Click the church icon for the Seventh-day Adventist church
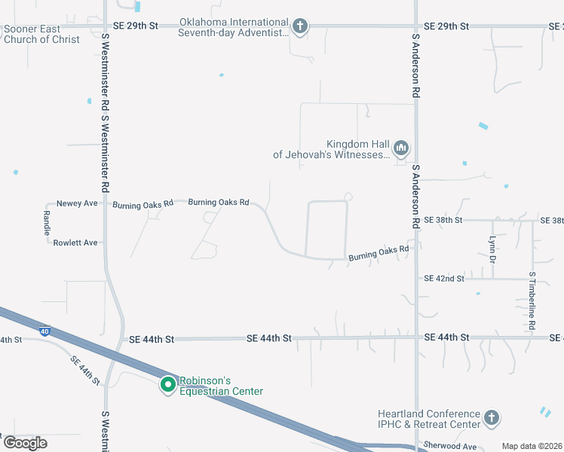(299, 28)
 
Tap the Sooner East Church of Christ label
(41, 34)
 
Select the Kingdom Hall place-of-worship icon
(400, 147)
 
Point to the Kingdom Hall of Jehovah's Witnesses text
(332, 149)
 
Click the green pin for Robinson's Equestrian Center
(167, 385)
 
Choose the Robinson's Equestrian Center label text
(221, 386)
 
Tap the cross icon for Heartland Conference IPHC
(491, 417)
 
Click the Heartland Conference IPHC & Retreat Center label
(430, 419)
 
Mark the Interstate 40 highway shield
(44, 329)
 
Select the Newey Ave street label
(78, 203)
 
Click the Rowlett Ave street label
(75, 243)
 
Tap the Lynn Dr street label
(492, 249)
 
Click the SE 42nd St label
(444, 279)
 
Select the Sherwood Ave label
(450, 446)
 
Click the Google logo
(25, 443)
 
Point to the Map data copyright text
(532, 446)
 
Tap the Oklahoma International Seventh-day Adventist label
(234, 28)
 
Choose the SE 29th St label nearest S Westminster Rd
(136, 26)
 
